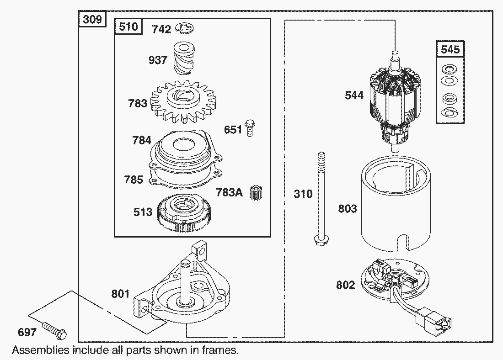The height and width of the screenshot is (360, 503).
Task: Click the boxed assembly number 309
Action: point(93,20)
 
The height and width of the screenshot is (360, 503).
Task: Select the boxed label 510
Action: point(128,27)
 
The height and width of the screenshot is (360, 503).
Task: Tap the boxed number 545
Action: point(450,49)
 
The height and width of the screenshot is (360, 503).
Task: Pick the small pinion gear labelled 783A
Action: point(255,193)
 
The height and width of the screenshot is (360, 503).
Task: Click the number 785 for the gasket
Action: point(134,180)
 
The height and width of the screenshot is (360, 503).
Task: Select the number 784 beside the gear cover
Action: point(141,140)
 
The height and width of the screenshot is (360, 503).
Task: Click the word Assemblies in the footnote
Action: point(41,350)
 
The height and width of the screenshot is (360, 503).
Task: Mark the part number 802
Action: point(345,285)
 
